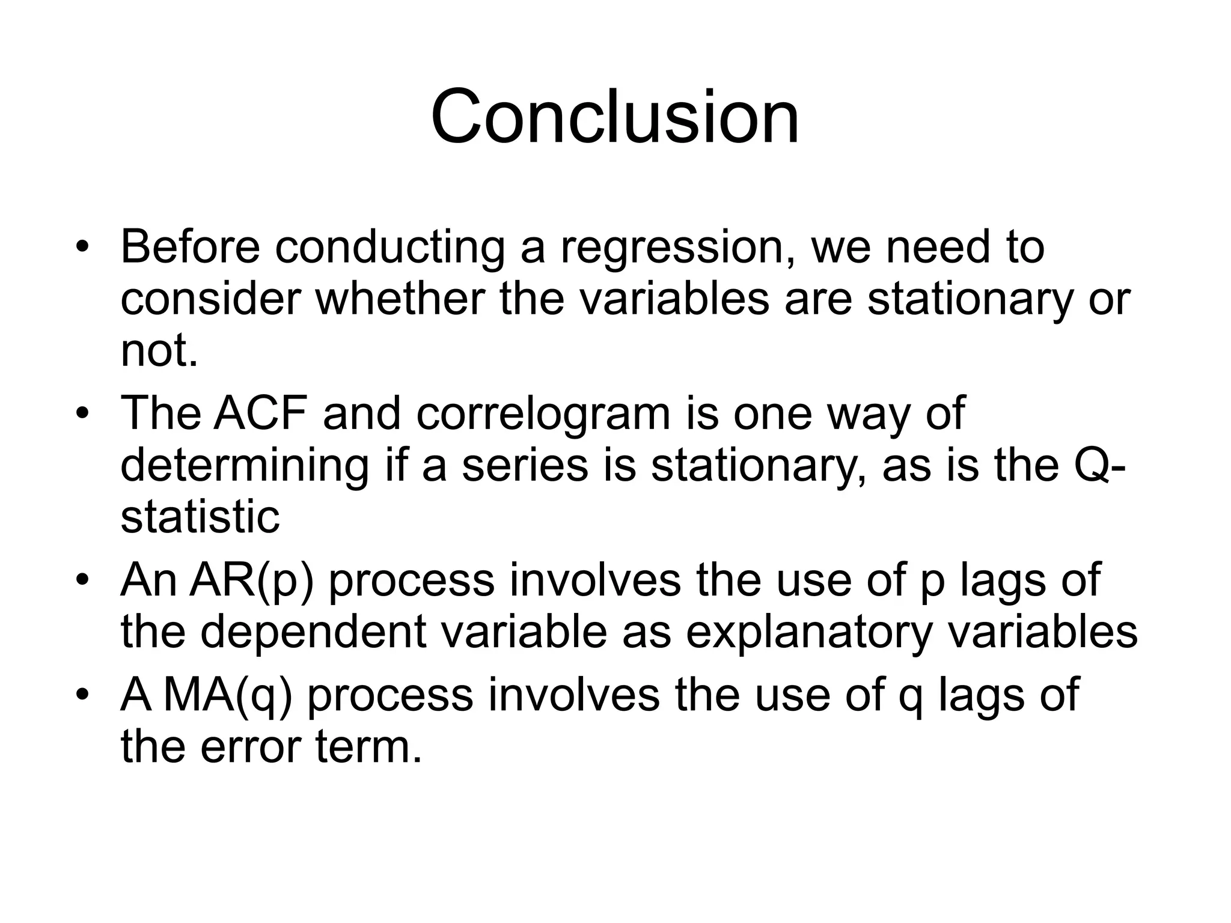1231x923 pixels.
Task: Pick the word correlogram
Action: click(x=543, y=415)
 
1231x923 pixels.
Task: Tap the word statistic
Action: click(x=200, y=517)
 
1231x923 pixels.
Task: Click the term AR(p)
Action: click(x=251, y=580)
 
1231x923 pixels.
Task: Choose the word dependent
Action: click(x=313, y=633)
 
